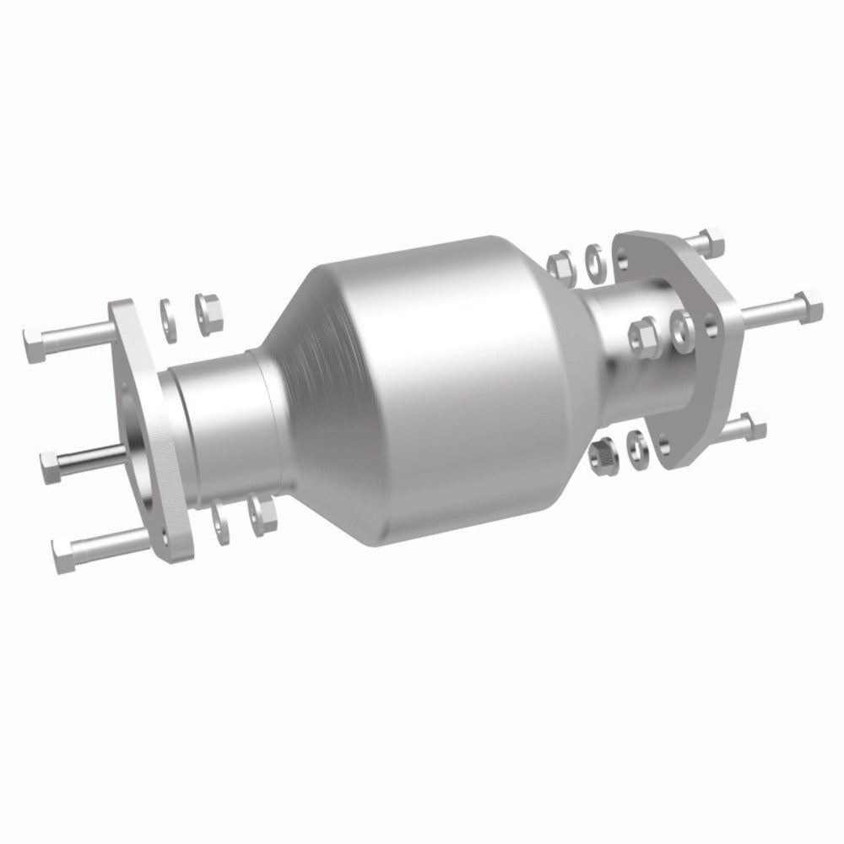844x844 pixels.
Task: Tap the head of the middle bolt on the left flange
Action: tap(51, 461)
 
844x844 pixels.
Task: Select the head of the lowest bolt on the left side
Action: tap(62, 555)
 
